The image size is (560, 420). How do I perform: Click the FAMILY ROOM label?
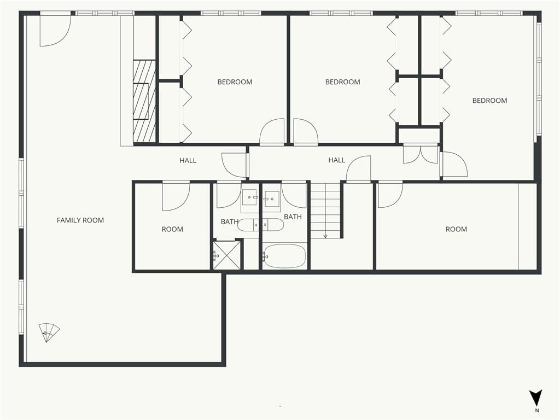tap(80, 220)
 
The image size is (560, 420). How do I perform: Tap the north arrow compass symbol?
tap(536, 399)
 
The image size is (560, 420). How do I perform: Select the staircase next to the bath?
tap(325, 211)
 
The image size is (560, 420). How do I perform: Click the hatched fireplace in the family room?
tap(144, 101)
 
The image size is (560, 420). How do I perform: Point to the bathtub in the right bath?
tap(284, 256)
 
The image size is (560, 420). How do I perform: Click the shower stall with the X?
tap(227, 255)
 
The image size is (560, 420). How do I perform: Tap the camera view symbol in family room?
tap(49, 332)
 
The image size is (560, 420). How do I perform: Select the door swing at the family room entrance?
tap(55, 31)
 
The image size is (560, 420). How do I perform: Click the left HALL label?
tap(188, 161)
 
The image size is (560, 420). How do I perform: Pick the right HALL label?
tap(337, 160)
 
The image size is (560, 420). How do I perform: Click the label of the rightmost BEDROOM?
tap(489, 101)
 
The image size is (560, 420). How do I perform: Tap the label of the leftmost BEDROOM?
tap(235, 82)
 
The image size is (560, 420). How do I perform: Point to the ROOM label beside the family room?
tap(172, 229)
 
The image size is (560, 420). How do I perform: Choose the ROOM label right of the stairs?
tap(457, 229)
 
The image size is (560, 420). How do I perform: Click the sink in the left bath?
tap(249, 197)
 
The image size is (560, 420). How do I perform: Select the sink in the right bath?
tap(272, 197)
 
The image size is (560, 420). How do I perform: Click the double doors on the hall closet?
tap(421, 154)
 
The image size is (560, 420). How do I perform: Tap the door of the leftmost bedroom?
tap(272, 131)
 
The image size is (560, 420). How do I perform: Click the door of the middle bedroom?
tap(306, 131)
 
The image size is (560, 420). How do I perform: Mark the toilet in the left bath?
tap(246, 225)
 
